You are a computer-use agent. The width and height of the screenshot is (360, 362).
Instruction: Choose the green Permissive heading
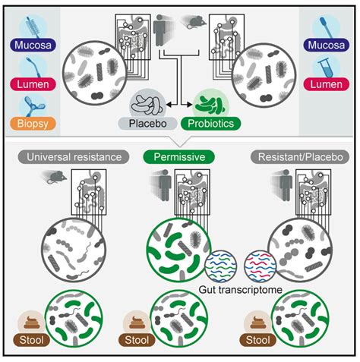pyautogui.click(x=179, y=157)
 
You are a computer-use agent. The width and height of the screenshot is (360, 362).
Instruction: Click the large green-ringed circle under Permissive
pyautogui.click(x=179, y=250)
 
